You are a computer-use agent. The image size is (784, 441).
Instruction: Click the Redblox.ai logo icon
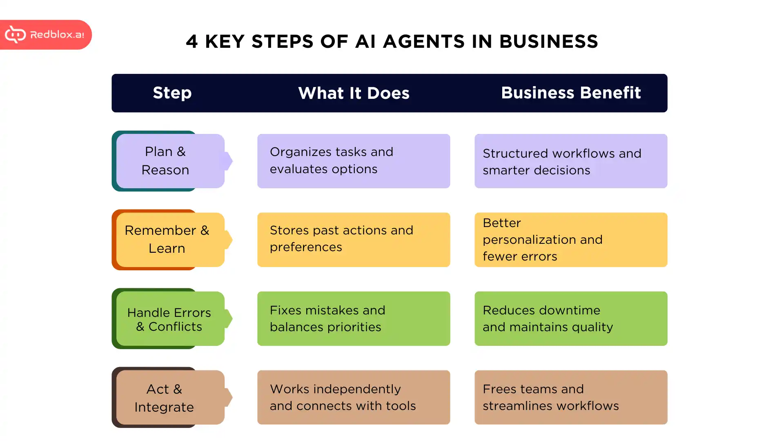click(x=15, y=35)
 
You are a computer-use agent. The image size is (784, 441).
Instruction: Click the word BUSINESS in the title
click(x=548, y=42)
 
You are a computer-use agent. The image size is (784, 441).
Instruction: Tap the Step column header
click(x=172, y=93)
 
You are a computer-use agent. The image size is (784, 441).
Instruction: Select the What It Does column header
click(x=354, y=93)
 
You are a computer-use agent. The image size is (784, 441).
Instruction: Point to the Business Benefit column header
click(x=570, y=93)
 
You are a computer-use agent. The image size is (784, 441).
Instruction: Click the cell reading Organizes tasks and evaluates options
click(x=354, y=161)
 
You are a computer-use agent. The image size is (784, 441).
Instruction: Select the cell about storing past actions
click(x=354, y=240)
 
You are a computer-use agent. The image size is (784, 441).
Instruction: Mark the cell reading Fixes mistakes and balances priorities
click(x=354, y=319)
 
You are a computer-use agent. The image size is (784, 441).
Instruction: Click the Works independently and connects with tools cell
click(x=354, y=398)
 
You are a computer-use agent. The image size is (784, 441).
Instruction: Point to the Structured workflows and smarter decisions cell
click(x=570, y=161)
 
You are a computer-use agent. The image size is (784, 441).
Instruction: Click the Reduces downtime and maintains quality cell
click(x=570, y=319)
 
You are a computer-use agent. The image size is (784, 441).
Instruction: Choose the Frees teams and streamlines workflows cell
click(x=570, y=398)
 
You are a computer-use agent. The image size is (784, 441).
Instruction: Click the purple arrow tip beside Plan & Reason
click(x=229, y=161)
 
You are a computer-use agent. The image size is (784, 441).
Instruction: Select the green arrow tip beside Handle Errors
click(x=229, y=319)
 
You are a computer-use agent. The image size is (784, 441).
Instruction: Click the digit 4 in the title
click(x=192, y=42)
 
